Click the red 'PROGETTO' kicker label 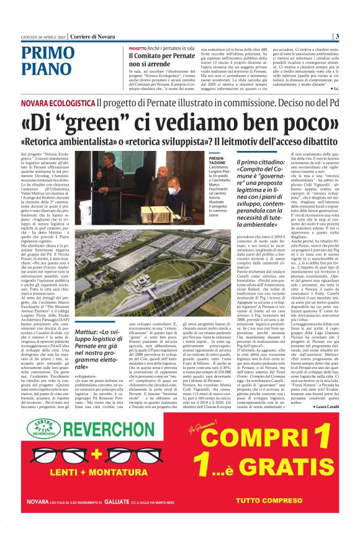(x=138, y=48)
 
